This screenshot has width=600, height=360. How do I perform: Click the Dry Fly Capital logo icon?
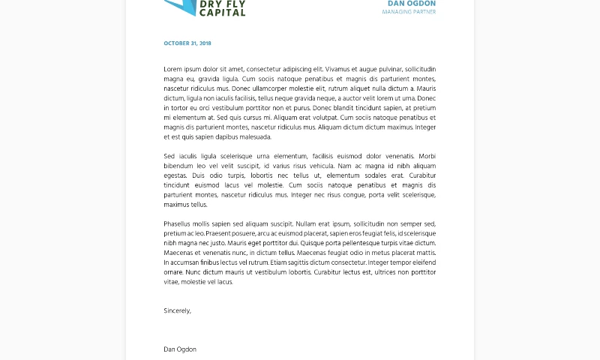pyautogui.click(x=179, y=7)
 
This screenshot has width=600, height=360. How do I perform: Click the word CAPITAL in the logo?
pyautogui.click(x=223, y=12)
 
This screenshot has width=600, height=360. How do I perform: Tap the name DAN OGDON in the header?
pyautogui.click(x=411, y=4)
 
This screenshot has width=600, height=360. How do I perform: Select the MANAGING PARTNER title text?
pyautogui.click(x=408, y=12)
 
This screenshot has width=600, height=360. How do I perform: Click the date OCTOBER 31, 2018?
pyautogui.click(x=187, y=43)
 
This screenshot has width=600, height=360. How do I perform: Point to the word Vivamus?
pyautogui.click(x=338, y=69)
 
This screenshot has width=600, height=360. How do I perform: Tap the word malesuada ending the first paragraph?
pyautogui.click(x=250, y=137)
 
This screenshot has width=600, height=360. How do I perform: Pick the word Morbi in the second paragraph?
pyautogui.click(x=427, y=156)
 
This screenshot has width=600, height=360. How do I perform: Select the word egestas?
pyautogui.click(x=175, y=175)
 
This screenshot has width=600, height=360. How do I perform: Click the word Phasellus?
pyautogui.click(x=178, y=223)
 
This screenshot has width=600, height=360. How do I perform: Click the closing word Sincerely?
pyautogui.click(x=177, y=310)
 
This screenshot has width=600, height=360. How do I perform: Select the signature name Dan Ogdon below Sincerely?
pyautogui.click(x=180, y=349)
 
